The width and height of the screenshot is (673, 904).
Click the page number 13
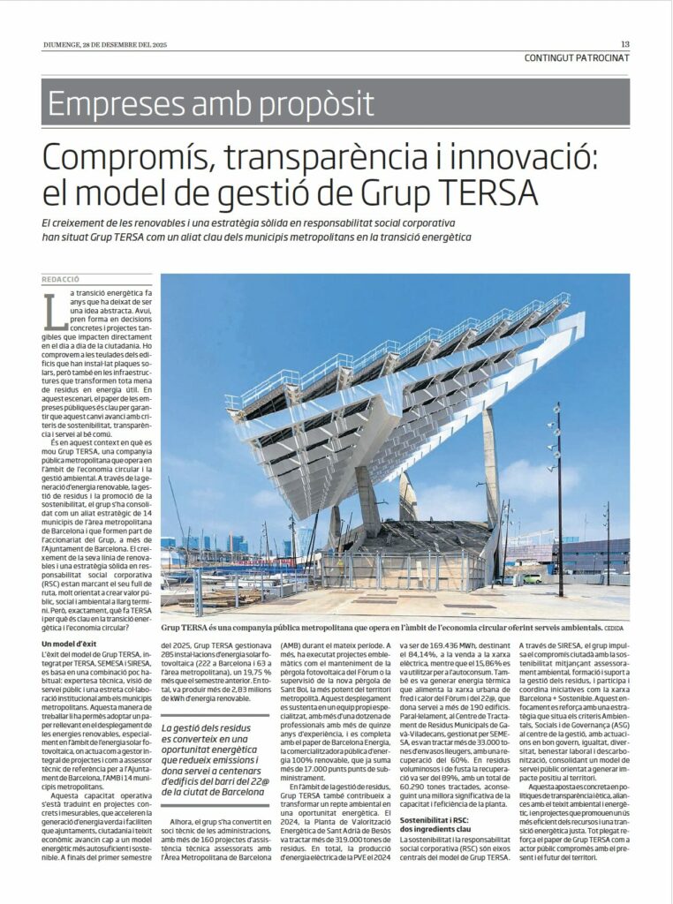[x=624, y=44]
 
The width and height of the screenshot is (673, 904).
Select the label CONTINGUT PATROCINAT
[x=577, y=58]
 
